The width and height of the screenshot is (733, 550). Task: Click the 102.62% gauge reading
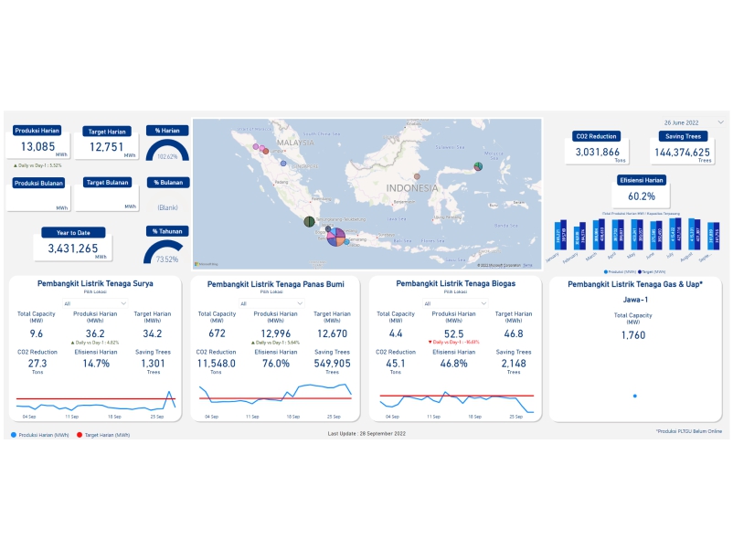coord(167,156)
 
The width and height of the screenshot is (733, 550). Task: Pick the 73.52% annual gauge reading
coord(166,259)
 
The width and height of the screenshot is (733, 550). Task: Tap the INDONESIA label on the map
coord(412,188)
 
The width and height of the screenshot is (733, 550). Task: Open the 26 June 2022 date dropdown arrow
coord(719,122)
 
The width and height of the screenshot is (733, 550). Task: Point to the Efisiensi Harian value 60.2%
coord(642,196)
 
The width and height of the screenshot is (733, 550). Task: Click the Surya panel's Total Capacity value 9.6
coord(37,334)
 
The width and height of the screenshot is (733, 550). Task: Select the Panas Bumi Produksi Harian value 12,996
coord(275,333)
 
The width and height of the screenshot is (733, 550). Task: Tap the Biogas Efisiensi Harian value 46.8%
coord(454,364)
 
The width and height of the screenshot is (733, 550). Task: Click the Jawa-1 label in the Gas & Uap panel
coord(635,300)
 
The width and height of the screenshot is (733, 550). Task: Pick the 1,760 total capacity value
coord(633,335)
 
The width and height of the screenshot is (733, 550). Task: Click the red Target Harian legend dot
coord(80,435)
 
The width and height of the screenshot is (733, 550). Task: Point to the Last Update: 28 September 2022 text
coord(366,434)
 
